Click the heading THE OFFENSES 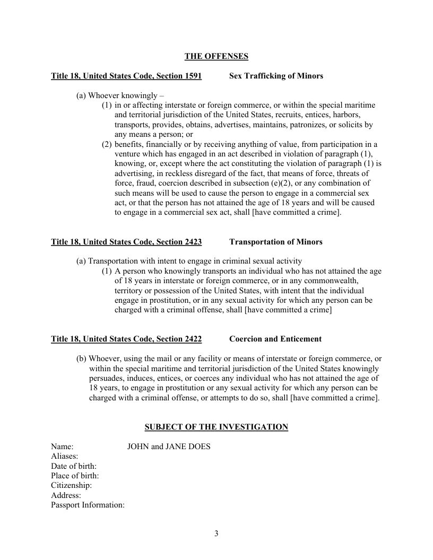coord(216,56)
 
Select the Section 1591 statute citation coord(126,76)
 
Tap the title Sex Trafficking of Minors coord(276,76)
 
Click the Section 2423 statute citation coord(126,242)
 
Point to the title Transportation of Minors coord(275,242)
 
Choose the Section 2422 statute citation coord(126,339)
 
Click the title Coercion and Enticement coord(275,339)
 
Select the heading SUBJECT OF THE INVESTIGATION coord(216,427)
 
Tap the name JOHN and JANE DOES coord(169,447)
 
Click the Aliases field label coord(65,456)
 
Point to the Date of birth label coord(74,466)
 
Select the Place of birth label coord(75,476)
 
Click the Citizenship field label coord(71,485)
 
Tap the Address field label coord(66,495)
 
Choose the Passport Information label coord(88,505)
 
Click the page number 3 coord(216,533)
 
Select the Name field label coord(62,447)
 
